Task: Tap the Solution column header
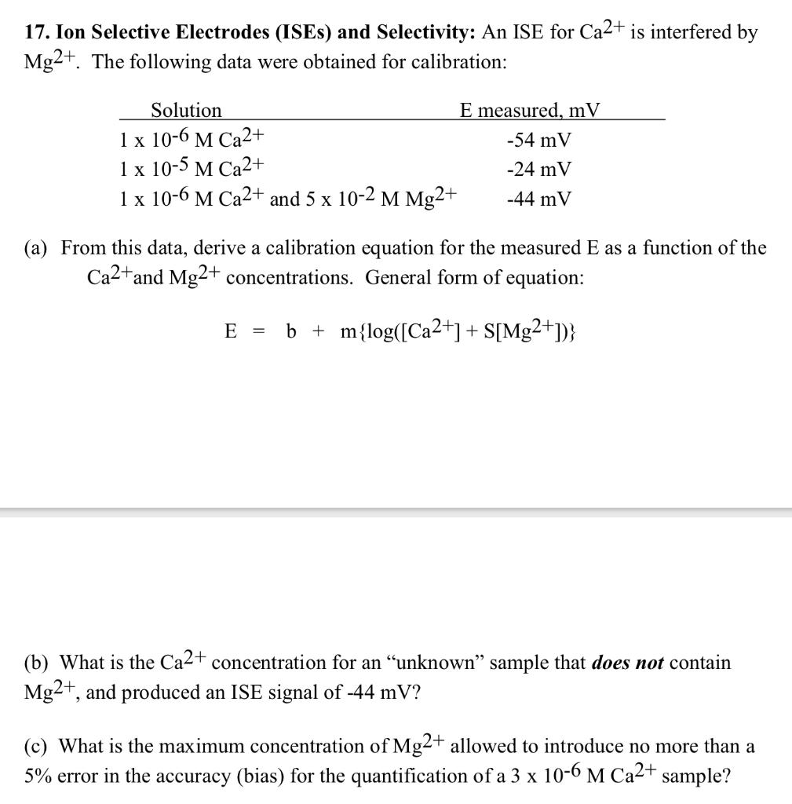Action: tap(186, 111)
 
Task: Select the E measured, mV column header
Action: tap(530, 111)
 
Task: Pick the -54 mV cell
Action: tap(539, 141)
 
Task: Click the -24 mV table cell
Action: tap(539, 170)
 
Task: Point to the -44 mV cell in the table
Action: tap(539, 199)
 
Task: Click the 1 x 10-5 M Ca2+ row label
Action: tap(193, 168)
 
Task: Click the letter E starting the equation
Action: tap(230, 332)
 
